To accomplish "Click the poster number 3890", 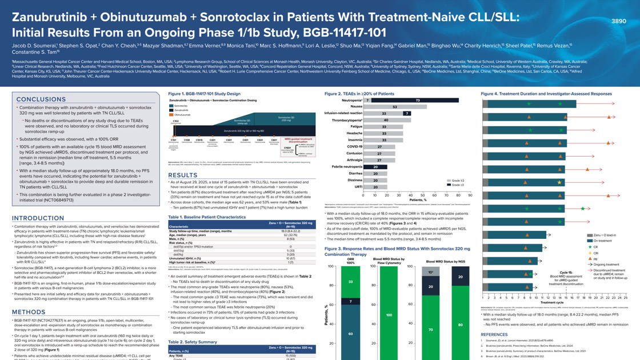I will pyautogui.click(x=618, y=21).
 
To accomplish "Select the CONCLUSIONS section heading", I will pyautogui.click(x=41, y=99).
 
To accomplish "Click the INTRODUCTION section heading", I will pyautogui.click(x=38, y=218).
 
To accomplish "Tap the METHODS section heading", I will pyautogui.click(x=29, y=312).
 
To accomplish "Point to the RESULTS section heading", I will pyautogui.click(x=182, y=175).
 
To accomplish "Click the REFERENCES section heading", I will pyautogui.click(x=494, y=334).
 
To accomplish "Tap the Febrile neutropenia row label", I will pyautogui.click(x=347, y=167).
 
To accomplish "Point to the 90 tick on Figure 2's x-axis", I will pyautogui.click(x=470, y=195).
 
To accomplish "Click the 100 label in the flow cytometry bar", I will pyautogui.click(x=389, y=315).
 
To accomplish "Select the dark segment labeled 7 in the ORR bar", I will pyautogui.click(x=351, y=301).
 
